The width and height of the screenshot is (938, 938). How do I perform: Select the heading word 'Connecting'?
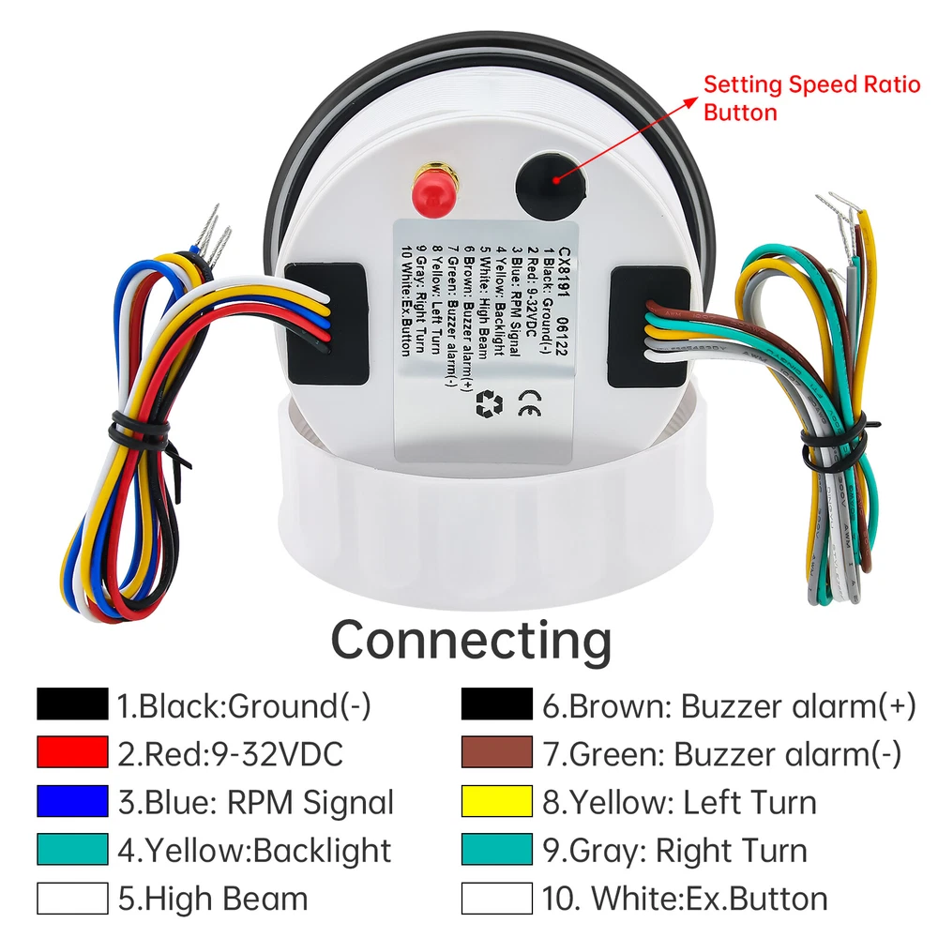point(471,640)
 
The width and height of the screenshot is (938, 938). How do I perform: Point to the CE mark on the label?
point(528,407)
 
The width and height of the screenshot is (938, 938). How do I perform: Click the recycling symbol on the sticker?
point(489,404)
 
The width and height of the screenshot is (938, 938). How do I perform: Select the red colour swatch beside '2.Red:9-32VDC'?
point(72,753)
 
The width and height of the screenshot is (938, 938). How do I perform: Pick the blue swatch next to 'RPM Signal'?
point(72,802)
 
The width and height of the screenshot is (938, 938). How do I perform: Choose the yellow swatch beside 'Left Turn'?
point(497,802)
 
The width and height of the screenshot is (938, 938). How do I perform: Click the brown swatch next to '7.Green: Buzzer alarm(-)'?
point(497,753)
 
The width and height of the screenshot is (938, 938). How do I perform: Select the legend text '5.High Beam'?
point(212,899)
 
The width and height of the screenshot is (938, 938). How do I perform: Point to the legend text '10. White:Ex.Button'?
point(685,899)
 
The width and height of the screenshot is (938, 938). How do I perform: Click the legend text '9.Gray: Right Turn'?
point(674,851)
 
